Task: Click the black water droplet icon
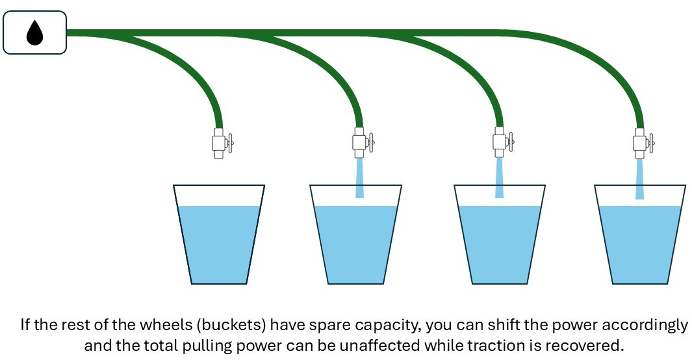[34, 32]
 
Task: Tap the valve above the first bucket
[219, 142]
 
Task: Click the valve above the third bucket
[500, 142]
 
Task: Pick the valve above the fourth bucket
[641, 142]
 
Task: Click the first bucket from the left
[219, 237]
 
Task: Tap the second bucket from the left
[356, 237]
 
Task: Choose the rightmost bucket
[640, 237]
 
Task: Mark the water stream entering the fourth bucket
[640, 178]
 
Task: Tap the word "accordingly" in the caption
[645, 325]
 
